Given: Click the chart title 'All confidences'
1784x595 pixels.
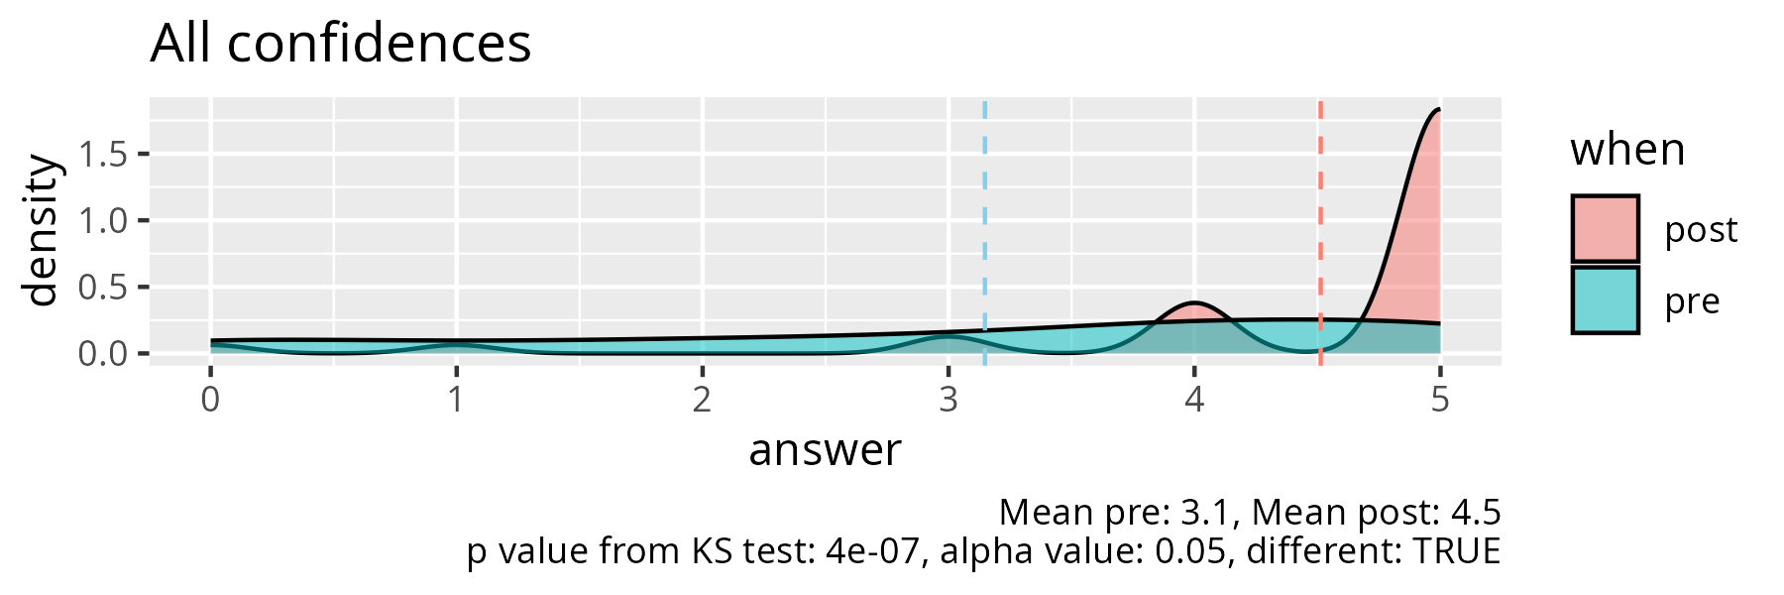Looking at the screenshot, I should coord(340,45).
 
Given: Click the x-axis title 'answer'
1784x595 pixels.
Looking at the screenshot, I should coord(825,450).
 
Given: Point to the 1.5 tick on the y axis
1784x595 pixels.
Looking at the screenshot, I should coord(104,155).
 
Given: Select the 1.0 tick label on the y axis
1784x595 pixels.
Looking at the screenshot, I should coord(104,220).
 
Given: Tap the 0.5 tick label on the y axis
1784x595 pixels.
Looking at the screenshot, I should coord(104,288).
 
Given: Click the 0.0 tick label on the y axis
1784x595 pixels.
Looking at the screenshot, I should coord(104,353).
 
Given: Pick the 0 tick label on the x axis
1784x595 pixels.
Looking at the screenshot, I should coord(210,400).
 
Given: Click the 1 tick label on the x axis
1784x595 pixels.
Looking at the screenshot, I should coord(456,400).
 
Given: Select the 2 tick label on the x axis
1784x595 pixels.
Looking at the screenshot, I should coord(702,400).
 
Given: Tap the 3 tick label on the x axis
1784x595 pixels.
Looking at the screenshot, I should coord(948,400).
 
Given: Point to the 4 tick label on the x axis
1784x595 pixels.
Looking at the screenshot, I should coord(1194,400).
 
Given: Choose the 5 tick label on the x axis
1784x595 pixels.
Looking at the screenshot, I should coord(1440,400).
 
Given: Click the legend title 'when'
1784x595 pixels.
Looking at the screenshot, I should coord(1627,151).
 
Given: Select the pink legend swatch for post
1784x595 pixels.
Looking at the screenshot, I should coord(1606,229).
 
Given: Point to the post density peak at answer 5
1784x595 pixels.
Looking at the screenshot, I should coord(1438,110).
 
